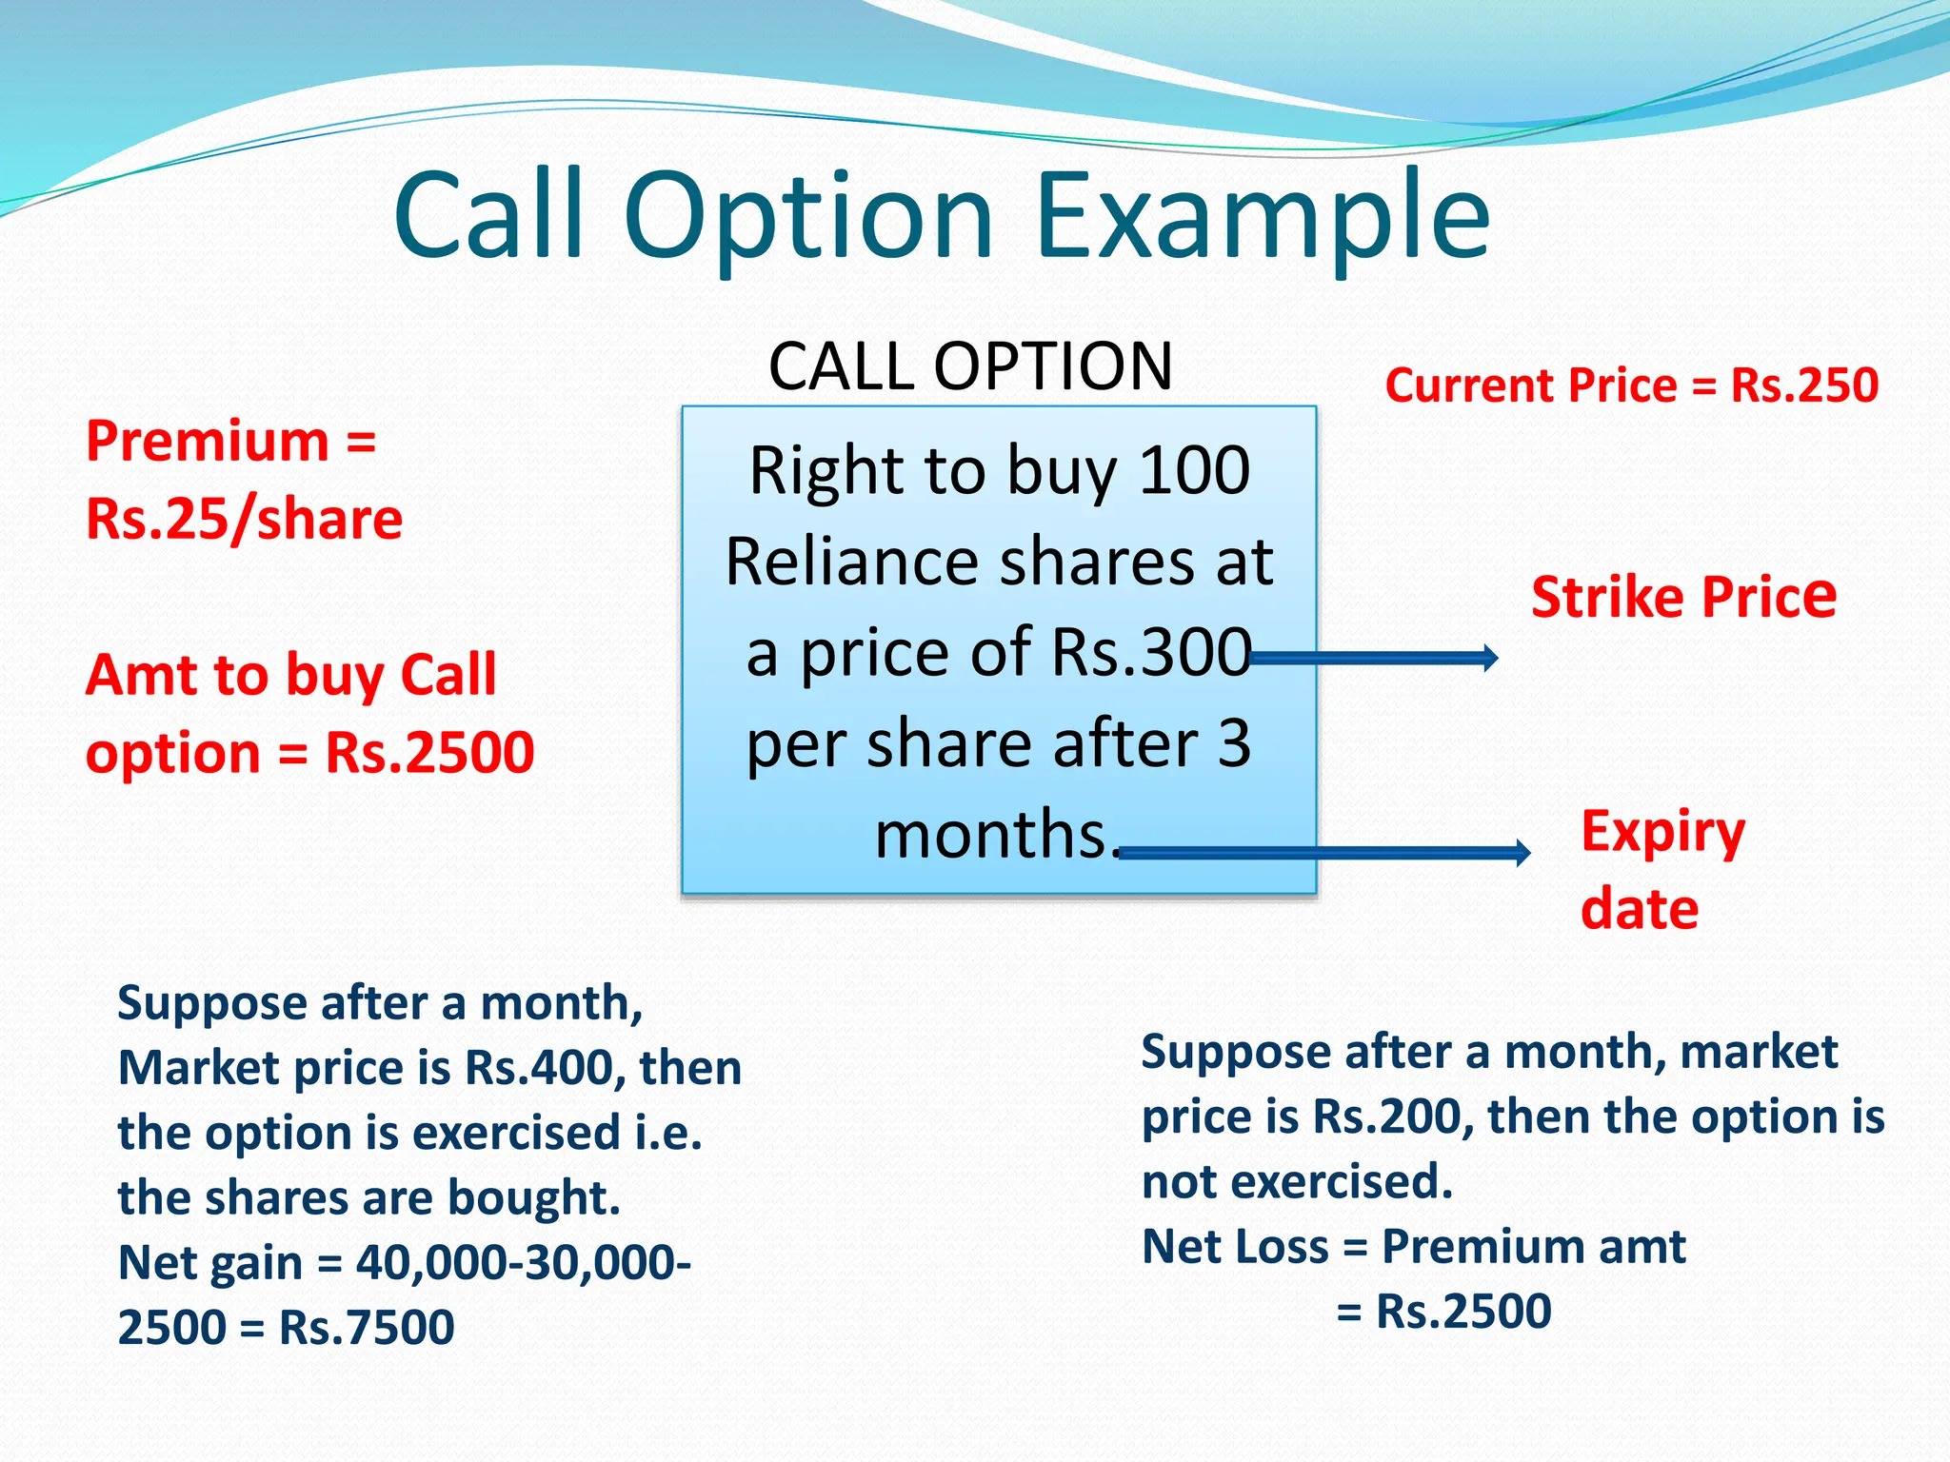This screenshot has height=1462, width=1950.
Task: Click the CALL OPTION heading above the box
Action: [x=970, y=366]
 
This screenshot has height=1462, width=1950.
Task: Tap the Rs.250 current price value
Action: [x=1804, y=385]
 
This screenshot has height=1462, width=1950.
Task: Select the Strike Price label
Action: [x=1683, y=598]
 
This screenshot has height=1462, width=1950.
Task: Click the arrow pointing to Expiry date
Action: [x=1323, y=852]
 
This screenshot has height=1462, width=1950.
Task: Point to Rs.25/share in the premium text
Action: [x=244, y=520]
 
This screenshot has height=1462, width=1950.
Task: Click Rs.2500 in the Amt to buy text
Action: [x=429, y=753]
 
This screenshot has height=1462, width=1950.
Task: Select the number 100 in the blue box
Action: [x=1194, y=470]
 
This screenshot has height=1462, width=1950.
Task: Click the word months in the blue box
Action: [x=990, y=835]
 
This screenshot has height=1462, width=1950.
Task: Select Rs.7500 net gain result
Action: [x=367, y=1328]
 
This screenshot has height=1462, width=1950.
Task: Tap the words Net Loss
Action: [x=1234, y=1247]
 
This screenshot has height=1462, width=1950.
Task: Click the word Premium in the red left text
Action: [x=208, y=442]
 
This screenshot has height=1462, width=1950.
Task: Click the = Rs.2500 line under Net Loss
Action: [x=1443, y=1312]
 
